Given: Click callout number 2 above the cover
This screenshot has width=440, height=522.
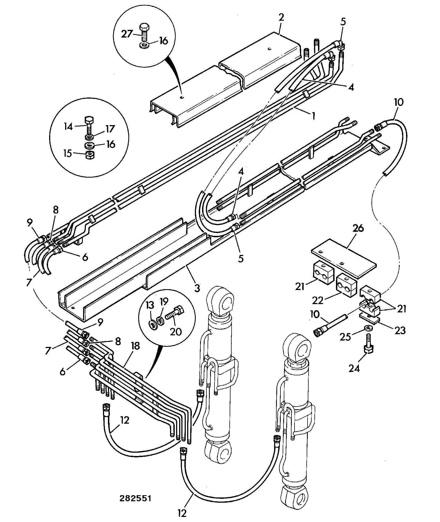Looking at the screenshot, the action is (x=281, y=17).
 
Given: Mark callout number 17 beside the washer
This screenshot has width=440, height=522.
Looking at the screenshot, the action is (x=110, y=129).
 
